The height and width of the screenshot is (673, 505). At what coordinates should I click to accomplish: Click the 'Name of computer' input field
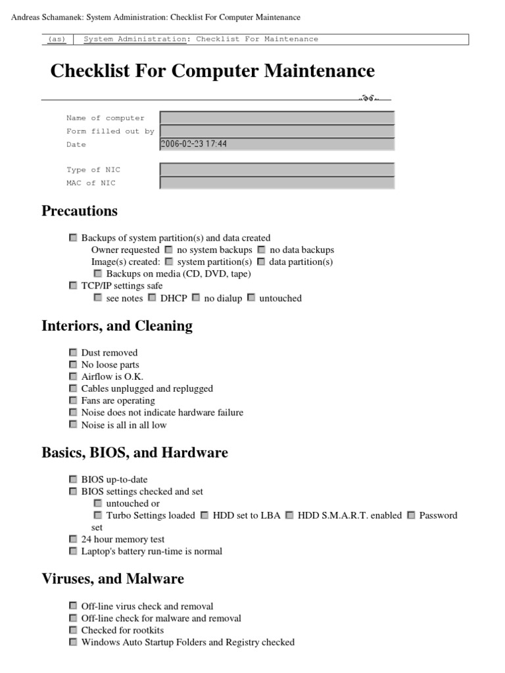pyautogui.click(x=277, y=118)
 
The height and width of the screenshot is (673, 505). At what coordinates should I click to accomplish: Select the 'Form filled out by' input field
pyautogui.click(x=277, y=131)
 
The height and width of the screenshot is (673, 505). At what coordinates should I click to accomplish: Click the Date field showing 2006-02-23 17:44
pyautogui.click(x=277, y=144)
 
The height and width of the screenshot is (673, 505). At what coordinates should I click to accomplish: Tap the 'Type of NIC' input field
pyautogui.click(x=277, y=170)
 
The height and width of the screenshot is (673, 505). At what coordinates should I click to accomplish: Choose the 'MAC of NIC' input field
pyautogui.click(x=277, y=183)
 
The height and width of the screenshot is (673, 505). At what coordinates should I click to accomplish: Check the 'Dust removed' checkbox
pyautogui.click(x=73, y=353)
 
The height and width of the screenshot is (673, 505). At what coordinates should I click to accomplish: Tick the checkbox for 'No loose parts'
pyautogui.click(x=73, y=365)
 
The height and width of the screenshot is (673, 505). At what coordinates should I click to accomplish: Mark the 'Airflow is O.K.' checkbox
pyautogui.click(x=73, y=377)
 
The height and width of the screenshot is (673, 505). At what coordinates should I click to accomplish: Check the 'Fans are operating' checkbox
pyautogui.click(x=73, y=400)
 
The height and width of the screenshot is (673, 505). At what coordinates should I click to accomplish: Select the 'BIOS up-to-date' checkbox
pyautogui.click(x=73, y=480)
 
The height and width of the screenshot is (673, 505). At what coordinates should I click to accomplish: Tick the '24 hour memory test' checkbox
pyautogui.click(x=73, y=539)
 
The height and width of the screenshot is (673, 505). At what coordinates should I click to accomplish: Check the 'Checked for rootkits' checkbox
pyautogui.click(x=73, y=630)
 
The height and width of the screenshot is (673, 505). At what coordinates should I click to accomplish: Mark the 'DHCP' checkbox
pyautogui.click(x=152, y=298)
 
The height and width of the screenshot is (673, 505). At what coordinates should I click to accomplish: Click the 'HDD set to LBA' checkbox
pyautogui.click(x=204, y=515)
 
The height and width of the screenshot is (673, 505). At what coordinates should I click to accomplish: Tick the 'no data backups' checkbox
pyautogui.click(x=261, y=250)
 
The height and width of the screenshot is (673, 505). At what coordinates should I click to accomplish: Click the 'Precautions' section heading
pyautogui.click(x=80, y=211)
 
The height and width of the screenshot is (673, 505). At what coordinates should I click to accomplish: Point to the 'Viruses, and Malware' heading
pyautogui.click(x=112, y=578)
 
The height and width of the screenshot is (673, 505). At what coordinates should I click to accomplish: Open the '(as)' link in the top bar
pyautogui.click(x=57, y=39)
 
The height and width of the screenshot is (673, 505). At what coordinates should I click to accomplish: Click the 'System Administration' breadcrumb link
pyautogui.click(x=135, y=39)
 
